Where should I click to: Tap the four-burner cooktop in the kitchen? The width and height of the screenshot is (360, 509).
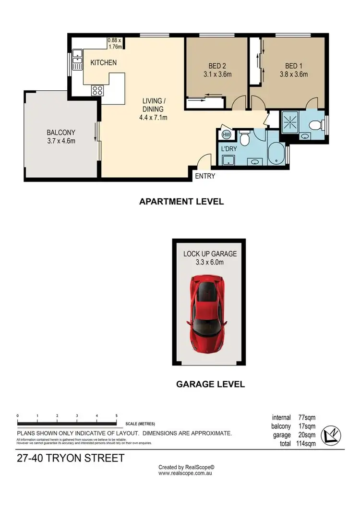pos(97,90)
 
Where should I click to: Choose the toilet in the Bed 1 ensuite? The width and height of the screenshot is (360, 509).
pos(315,126)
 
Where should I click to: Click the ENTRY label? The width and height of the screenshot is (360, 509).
pos(205,176)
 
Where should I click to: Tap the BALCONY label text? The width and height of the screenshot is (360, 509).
pos(60,133)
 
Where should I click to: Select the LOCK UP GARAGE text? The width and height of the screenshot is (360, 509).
pos(210,254)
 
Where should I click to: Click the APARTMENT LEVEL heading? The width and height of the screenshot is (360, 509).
pos(181,202)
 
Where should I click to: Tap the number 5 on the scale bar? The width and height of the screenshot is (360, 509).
pos(117,416)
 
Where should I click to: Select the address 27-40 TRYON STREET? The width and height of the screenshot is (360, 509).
pos(70,458)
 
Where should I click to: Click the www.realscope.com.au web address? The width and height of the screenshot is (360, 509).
pos(185,473)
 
